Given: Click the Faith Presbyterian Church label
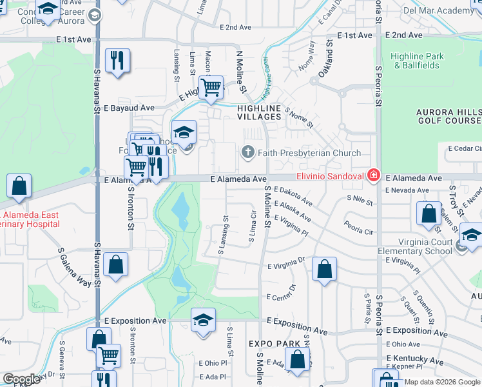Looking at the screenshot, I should coord(309,153).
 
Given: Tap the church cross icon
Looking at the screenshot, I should coord(247,152).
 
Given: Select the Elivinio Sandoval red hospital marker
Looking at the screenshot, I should coord(372,174).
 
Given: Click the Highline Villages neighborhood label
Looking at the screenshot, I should coord(259,112).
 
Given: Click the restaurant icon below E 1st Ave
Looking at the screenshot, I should coord(117,62).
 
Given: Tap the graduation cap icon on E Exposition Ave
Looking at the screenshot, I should coord(202,321).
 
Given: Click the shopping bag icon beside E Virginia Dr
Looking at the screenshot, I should coord(325,269).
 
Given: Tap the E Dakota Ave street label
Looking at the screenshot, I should coord(293,195).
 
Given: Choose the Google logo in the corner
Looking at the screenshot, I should coord(21,379).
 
